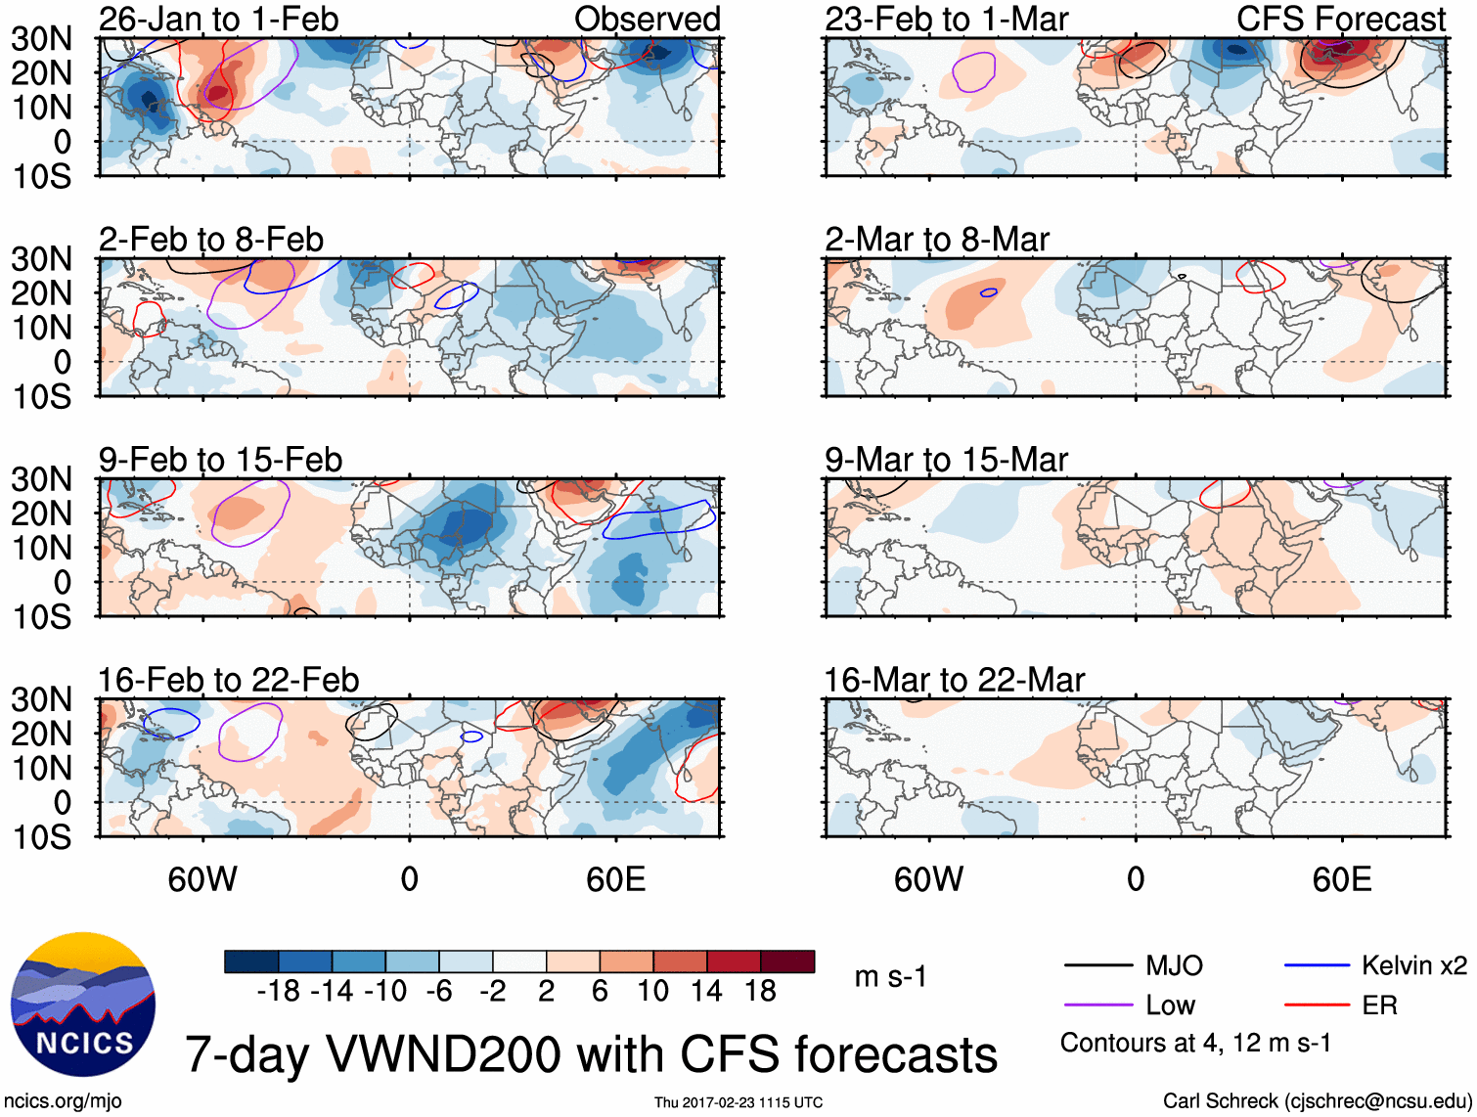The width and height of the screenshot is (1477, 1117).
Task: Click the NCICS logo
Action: [83, 1005]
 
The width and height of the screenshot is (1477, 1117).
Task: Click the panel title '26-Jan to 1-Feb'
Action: [218, 19]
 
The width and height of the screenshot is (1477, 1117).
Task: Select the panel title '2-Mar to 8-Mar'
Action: [936, 240]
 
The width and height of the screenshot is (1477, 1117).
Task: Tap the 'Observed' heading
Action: [647, 19]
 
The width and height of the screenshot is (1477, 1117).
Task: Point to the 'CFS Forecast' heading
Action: [1340, 19]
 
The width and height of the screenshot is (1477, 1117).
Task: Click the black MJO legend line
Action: [1097, 966]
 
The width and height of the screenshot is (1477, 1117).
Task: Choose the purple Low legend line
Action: [1097, 1005]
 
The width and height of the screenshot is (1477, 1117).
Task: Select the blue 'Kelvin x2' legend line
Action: [1317, 966]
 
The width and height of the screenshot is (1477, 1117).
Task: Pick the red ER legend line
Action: [1317, 1005]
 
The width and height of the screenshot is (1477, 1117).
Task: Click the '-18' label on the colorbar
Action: [279, 992]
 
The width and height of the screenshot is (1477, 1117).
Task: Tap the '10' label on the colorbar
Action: [652, 992]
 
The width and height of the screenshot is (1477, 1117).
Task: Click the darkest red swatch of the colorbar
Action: [787, 961]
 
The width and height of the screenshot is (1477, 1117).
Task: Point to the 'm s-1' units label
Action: [890, 976]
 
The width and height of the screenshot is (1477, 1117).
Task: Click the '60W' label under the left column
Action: [202, 879]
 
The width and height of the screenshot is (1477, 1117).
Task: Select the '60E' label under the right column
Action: [1341, 879]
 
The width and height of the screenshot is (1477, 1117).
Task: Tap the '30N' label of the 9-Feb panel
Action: [41, 479]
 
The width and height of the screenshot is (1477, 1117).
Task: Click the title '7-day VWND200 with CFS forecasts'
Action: [591, 1054]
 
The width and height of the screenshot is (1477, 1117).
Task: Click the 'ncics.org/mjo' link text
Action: [63, 1101]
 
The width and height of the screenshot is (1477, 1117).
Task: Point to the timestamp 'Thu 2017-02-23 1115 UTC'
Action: [738, 1102]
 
